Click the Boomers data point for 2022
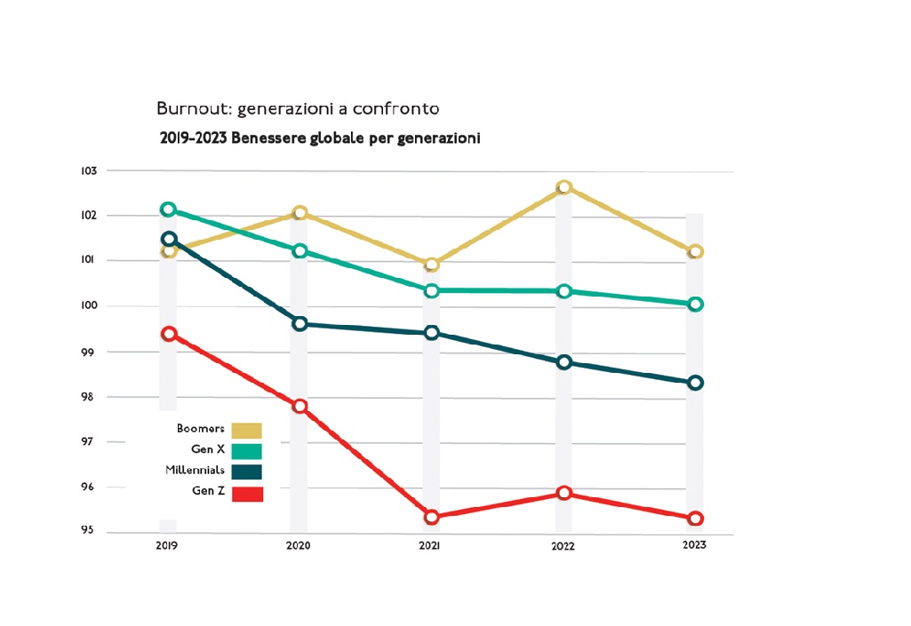pyautogui.click(x=563, y=187)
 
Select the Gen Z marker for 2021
pyautogui.click(x=432, y=517)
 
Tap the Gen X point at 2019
pyautogui.click(x=168, y=210)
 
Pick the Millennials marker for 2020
pyautogui.click(x=300, y=324)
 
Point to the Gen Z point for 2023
pyautogui.click(x=695, y=519)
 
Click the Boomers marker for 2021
pyautogui.click(x=432, y=265)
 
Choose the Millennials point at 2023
pyautogui.click(x=695, y=383)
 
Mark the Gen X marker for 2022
pyautogui.click(x=563, y=291)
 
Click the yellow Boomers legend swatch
pyautogui.click(x=247, y=431)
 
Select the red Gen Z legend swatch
pyautogui.click(x=247, y=494)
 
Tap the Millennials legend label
pyautogui.click(x=195, y=470)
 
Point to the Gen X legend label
pyautogui.click(x=208, y=449)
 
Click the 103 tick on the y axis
pyautogui.click(x=88, y=170)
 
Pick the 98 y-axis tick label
pyautogui.click(x=88, y=397)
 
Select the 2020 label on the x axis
pyautogui.click(x=298, y=545)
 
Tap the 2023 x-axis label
pyautogui.click(x=694, y=545)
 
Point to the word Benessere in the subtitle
pyautogui.click(x=268, y=139)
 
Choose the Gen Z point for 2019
pyautogui.click(x=168, y=334)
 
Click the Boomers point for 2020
pyautogui.click(x=300, y=213)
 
